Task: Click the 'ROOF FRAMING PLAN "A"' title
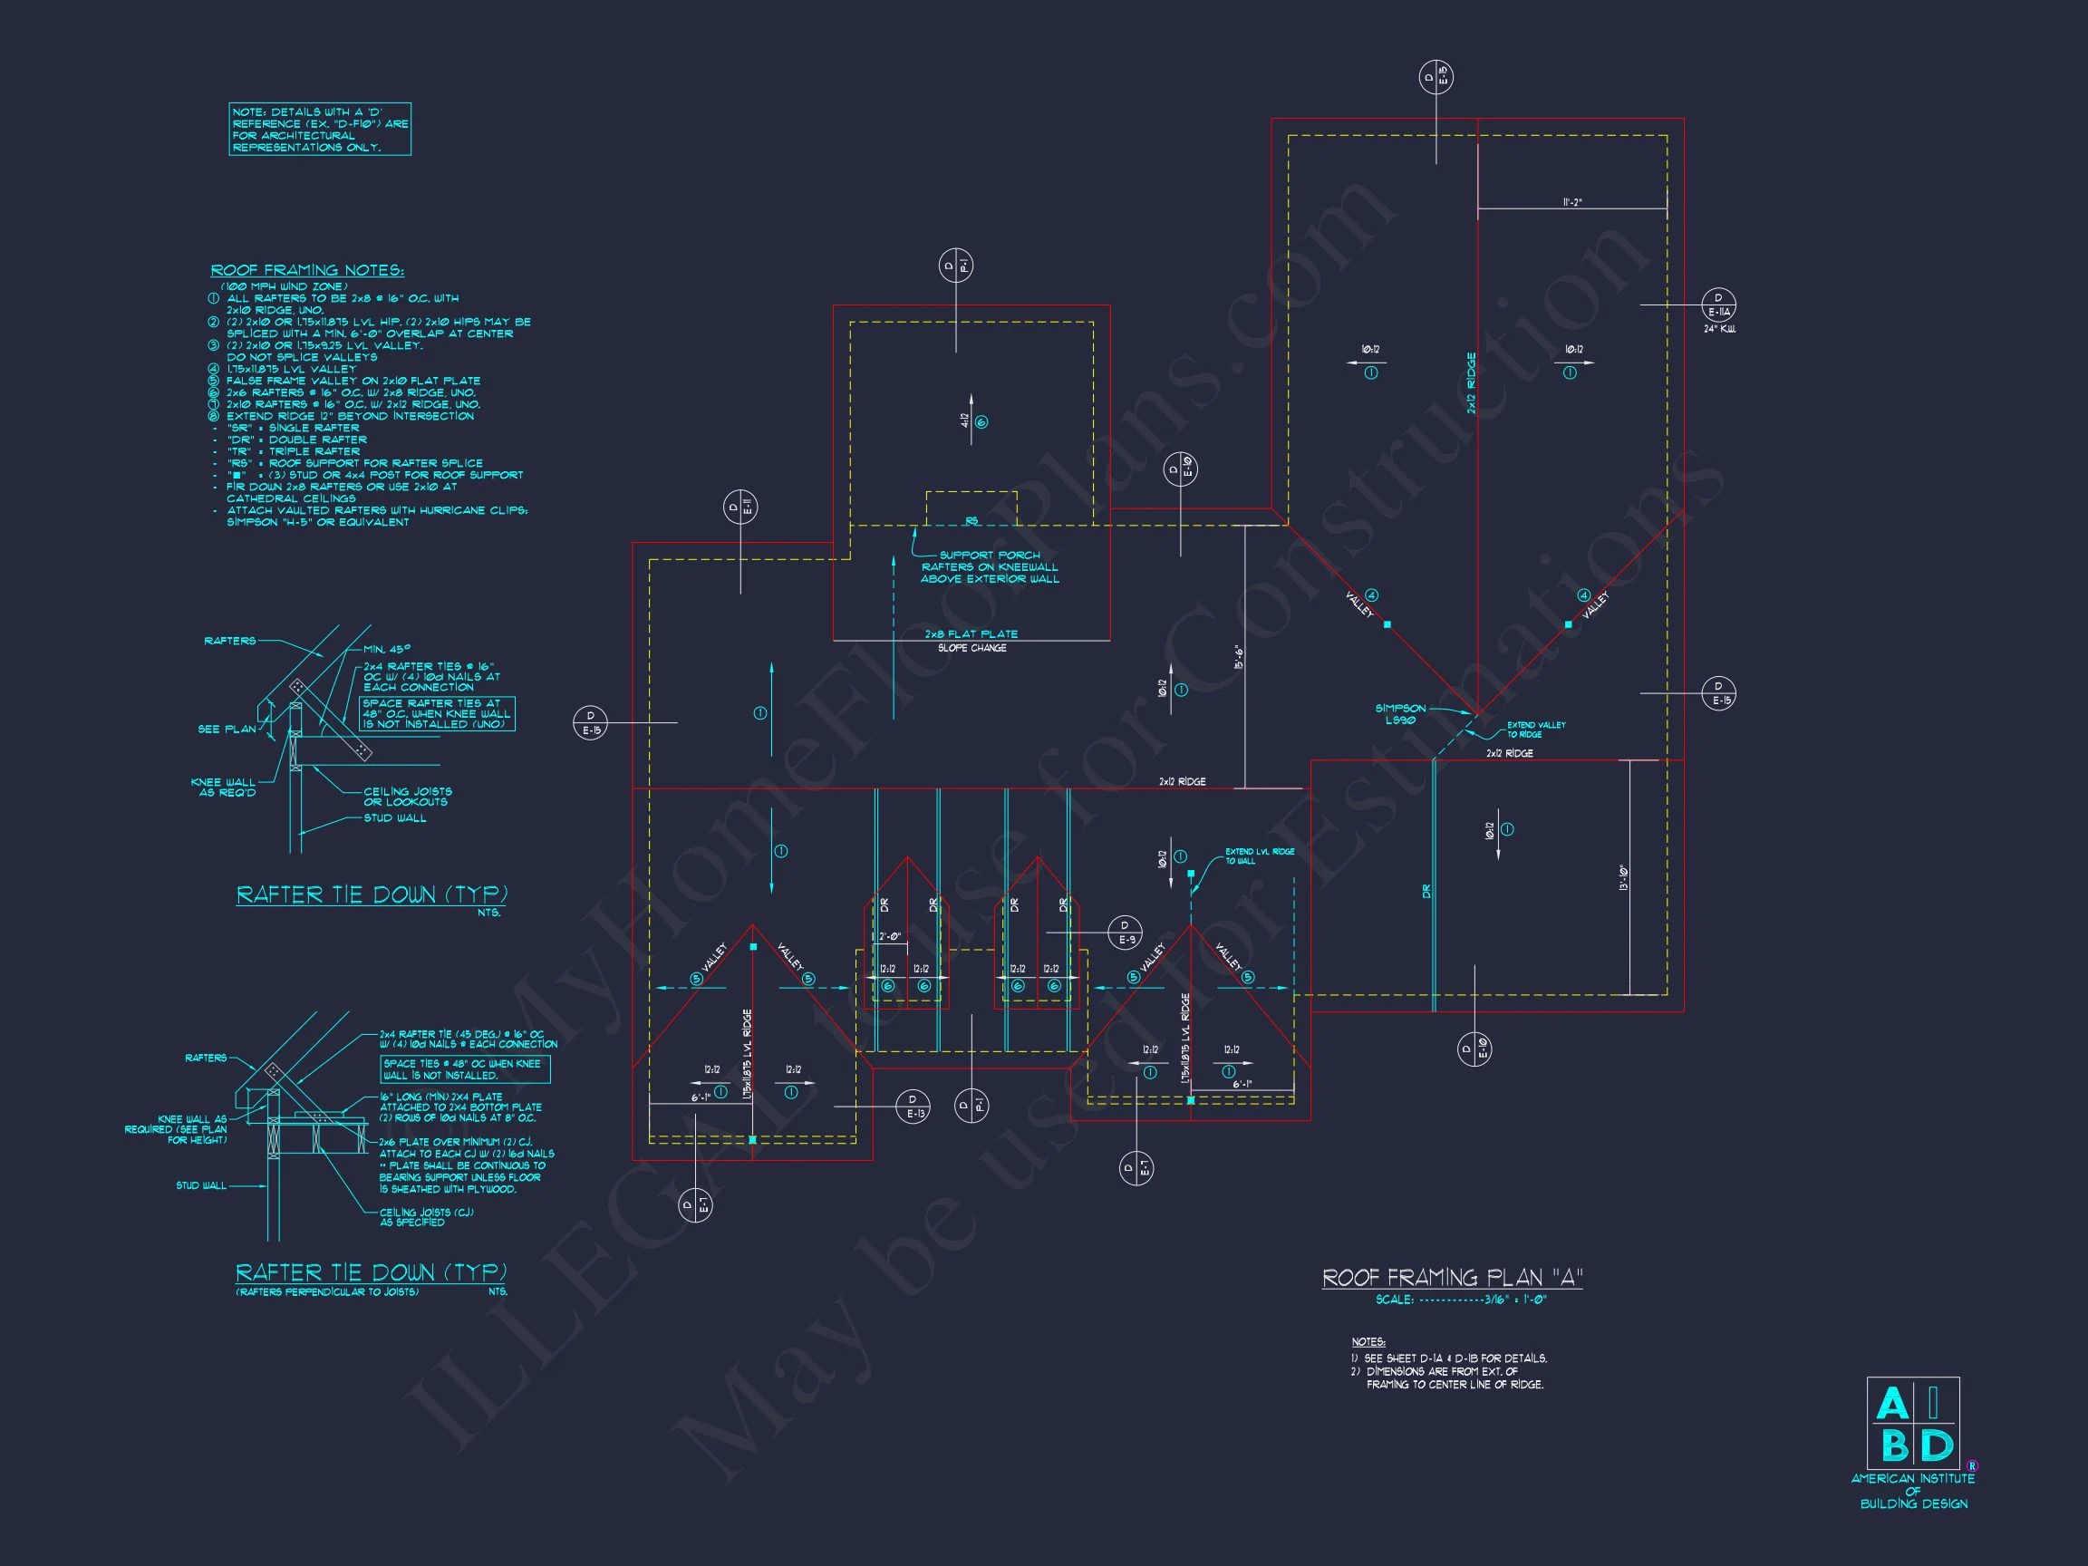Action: point(1452,1278)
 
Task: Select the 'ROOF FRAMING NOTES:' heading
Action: point(307,271)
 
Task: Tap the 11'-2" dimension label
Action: point(1571,202)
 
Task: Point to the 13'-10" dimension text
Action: point(1624,878)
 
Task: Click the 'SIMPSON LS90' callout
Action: point(1401,713)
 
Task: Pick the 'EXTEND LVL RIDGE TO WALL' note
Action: point(1259,856)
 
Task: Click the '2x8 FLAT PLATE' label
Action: point(971,634)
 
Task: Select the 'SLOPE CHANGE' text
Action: point(971,649)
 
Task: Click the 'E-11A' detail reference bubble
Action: point(1718,304)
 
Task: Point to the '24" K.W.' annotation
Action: point(1719,330)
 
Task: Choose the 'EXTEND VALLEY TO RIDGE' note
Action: point(1536,730)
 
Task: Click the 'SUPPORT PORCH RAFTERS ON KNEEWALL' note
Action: point(990,567)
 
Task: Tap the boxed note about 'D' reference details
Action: point(320,130)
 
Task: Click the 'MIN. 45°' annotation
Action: point(387,650)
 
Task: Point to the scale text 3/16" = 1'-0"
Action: point(1461,1300)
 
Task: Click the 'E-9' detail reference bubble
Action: point(1125,933)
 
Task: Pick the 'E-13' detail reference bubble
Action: point(913,1107)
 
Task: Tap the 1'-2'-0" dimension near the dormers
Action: point(889,937)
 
